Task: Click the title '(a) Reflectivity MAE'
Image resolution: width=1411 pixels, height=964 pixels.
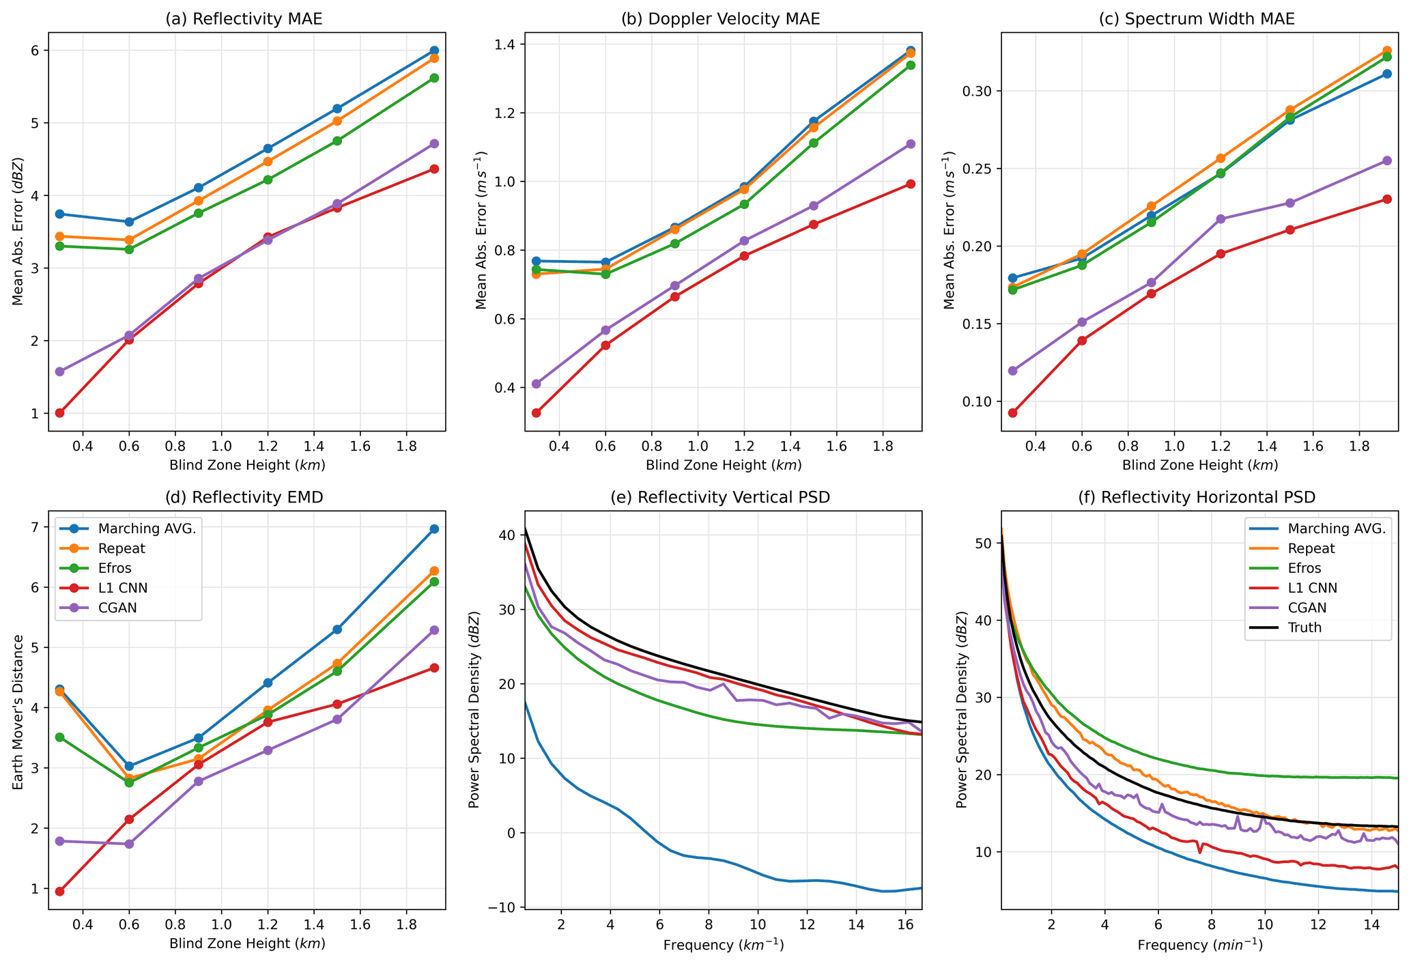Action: (x=244, y=19)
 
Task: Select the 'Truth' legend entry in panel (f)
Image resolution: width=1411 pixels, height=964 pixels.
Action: (x=1305, y=627)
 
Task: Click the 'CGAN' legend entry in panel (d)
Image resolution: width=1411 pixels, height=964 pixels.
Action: (x=117, y=608)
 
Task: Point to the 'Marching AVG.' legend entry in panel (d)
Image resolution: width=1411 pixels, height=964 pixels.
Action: (x=147, y=528)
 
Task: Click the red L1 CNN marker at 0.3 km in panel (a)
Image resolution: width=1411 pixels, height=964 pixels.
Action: (x=59, y=413)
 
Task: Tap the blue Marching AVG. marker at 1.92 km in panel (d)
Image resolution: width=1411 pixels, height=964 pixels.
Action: (x=434, y=529)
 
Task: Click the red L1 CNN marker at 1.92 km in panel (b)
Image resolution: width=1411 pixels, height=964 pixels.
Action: (x=911, y=184)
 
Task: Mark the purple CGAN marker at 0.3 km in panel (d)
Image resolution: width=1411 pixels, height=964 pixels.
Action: (x=59, y=841)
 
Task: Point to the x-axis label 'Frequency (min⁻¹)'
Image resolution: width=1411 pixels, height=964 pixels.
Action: (x=1199, y=945)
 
